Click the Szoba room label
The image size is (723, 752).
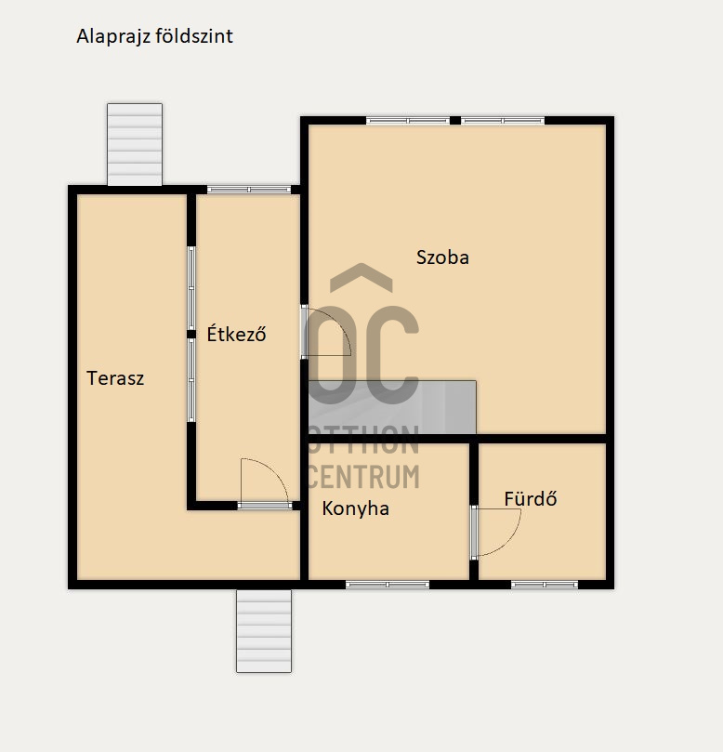pos(442,257)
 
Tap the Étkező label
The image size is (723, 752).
pos(236,334)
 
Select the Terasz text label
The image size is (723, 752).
pos(115,378)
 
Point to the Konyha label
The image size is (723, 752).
pos(355,508)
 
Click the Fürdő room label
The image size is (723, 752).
pos(531,499)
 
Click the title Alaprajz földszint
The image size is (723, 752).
pos(154,36)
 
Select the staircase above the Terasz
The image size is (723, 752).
pos(135,144)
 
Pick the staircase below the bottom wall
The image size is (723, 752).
pos(264,630)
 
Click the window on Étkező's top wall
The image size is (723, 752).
pos(249,190)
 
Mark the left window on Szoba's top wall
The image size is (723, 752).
pos(408,121)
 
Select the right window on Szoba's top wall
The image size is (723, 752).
pos(503,121)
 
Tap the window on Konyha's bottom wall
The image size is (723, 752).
pos(388,585)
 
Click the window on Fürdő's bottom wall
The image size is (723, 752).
pos(545,585)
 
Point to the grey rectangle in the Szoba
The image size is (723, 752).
pos(392,407)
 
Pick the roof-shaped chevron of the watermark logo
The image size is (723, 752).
pos(361,277)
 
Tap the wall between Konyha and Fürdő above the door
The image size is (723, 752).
pos(474,474)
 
